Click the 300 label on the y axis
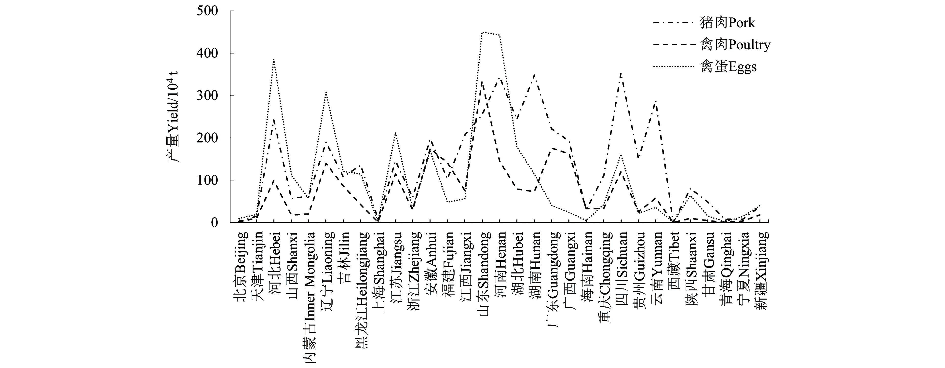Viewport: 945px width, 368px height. click(207, 95)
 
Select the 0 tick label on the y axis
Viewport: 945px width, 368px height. click(215, 222)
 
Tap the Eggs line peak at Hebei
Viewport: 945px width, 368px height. click(274, 59)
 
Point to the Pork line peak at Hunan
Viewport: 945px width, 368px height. click(534, 75)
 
